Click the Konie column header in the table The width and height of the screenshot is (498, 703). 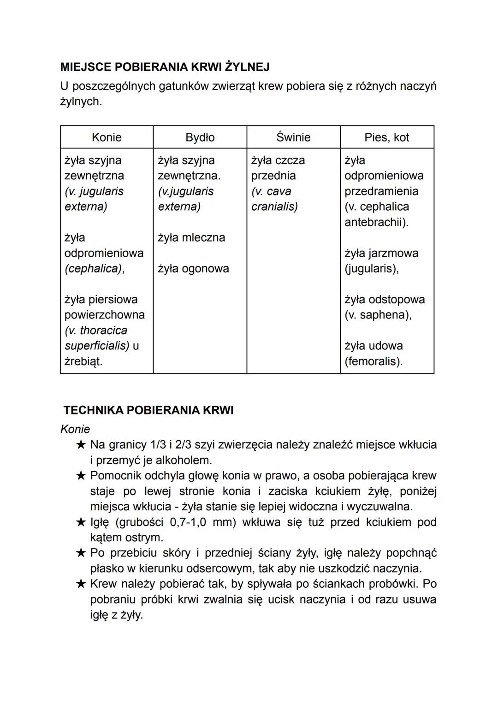click(107, 137)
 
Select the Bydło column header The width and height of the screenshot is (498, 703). click(200, 137)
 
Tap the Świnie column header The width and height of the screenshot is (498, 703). click(293, 137)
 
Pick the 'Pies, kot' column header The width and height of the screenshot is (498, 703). click(386, 137)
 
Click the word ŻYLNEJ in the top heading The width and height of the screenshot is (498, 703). click(248, 67)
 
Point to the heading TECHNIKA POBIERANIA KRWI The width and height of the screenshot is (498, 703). click(148, 410)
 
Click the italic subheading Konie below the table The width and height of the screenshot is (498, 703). click(75, 429)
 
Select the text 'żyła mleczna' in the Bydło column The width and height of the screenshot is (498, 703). click(191, 237)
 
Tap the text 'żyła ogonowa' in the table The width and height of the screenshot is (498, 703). click(193, 268)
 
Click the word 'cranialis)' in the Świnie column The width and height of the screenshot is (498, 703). click(274, 207)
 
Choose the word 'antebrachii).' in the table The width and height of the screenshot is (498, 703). click(376, 222)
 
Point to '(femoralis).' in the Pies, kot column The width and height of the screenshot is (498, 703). click(373, 361)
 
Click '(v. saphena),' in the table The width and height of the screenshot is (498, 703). click(378, 315)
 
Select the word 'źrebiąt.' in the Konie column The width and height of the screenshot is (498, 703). click(83, 361)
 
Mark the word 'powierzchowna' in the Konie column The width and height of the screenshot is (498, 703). click(105, 315)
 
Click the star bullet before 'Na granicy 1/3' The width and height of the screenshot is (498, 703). click(81, 445)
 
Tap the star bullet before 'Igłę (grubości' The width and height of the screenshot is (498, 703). click(81, 522)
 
